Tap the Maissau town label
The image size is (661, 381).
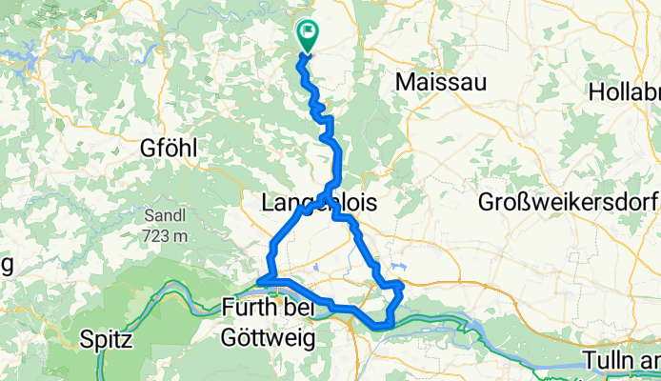click(440, 83)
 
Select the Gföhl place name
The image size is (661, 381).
click(168, 149)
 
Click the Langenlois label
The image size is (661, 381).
click(318, 203)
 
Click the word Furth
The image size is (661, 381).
click(245, 308)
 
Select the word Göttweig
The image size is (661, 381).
click(265, 335)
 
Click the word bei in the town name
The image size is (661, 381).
click(295, 308)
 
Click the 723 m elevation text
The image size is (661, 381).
click(167, 235)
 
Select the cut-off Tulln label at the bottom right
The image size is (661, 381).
click(625, 360)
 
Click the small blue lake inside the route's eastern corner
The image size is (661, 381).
click(395, 270)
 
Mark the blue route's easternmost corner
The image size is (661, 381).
click(403, 284)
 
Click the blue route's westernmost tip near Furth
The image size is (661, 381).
click(258, 279)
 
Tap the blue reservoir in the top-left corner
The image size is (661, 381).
click(19, 59)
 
